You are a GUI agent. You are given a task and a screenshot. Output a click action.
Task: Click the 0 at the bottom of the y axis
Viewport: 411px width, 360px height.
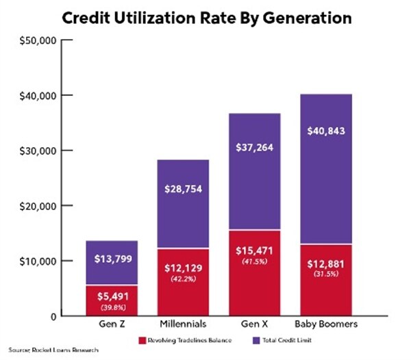click(x=52, y=316)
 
